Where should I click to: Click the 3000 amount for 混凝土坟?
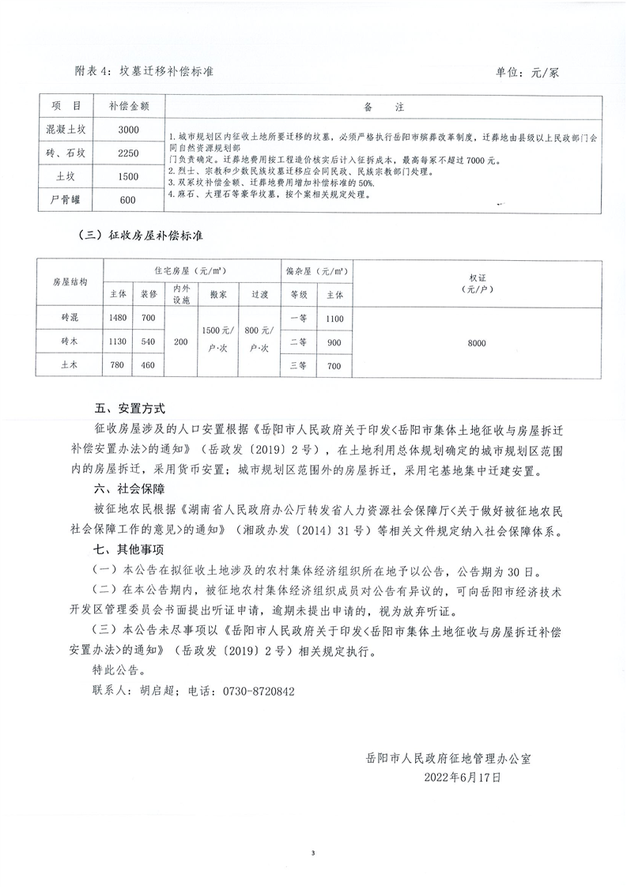pos(128,130)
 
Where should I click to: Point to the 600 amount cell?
pos(128,200)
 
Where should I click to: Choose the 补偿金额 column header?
pos(128,106)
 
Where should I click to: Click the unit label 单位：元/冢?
pos(527,71)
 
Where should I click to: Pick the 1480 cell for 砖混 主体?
pos(119,318)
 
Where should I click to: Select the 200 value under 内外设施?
pos(181,342)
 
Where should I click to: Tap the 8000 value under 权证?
pos(476,342)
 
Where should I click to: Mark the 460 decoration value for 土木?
pos(149,366)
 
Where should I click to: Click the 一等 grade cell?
pos(298,318)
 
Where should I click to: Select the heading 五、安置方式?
pos(129,410)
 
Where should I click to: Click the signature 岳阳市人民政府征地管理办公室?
pos(448,757)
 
